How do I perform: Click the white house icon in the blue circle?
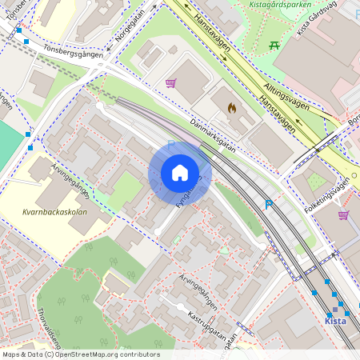tap(180, 173)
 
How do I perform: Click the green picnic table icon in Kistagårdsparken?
tap(274, 45)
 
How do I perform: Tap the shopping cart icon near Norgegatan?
tap(170, 82)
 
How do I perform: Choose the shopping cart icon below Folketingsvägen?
tap(343, 214)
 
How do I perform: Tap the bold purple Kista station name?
tap(335, 321)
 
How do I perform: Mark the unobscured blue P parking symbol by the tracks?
tap(269, 205)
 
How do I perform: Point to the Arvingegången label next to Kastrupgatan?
tap(198, 291)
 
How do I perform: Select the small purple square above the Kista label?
tap(335, 310)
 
